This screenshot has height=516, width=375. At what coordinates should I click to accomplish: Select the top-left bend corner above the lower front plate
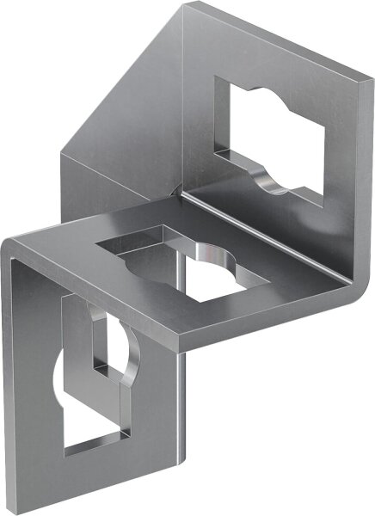pos(12,245)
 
